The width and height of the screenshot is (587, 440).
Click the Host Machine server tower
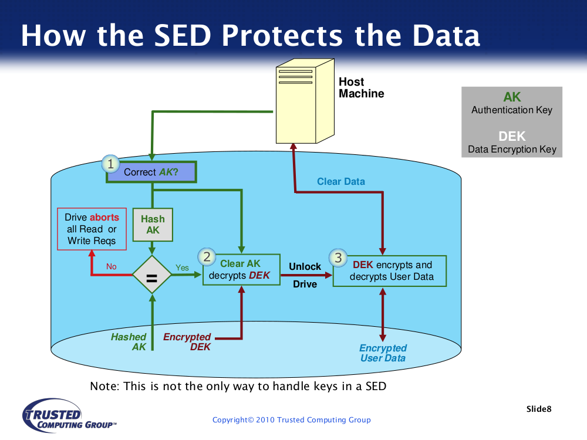[x=305, y=101]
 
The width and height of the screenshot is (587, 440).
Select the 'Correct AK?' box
[x=151, y=172]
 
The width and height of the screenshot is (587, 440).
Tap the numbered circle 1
[x=110, y=164]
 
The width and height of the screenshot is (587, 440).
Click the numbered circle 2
[x=207, y=257]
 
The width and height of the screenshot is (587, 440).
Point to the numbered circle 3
[x=338, y=258]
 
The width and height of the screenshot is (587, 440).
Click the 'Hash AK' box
[x=153, y=225]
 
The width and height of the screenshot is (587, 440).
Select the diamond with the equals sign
[x=151, y=275]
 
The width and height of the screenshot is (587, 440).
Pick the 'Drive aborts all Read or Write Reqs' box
[x=92, y=229]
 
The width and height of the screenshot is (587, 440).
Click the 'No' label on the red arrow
[x=111, y=266]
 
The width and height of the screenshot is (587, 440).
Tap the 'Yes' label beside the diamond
[x=183, y=268]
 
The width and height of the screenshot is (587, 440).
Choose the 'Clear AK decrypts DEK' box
[x=241, y=270]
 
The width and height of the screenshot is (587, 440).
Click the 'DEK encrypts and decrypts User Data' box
[x=390, y=271]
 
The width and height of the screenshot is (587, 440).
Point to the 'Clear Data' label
[x=340, y=181]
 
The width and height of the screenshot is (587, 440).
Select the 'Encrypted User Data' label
[x=383, y=353]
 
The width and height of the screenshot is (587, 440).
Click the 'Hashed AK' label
[x=129, y=342]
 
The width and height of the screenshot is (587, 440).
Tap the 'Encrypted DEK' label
[x=187, y=342]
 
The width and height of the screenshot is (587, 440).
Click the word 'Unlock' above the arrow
[x=305, y=266]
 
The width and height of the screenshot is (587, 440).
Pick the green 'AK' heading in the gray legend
[x=512, y=97]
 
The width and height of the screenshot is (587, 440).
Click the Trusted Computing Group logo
[x=69, y=415]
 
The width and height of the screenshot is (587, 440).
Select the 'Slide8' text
[x=539, y=409]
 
